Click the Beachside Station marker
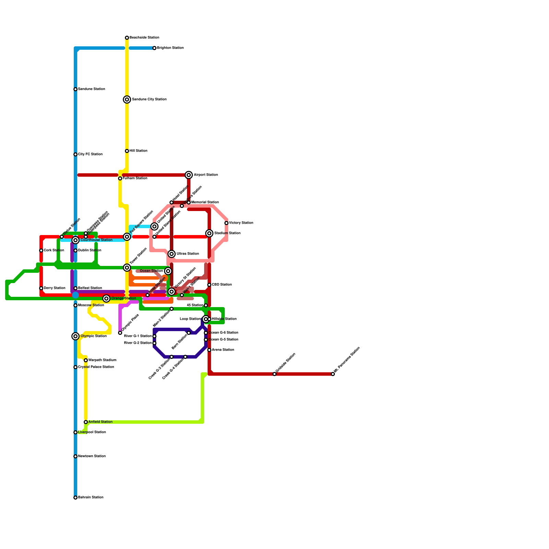coord(127,38)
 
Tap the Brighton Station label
coord(170,48)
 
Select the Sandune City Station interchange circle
coord(127,100)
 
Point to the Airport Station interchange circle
coord(189,175)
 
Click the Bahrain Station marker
coord(75,498)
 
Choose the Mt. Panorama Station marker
coord(333,374)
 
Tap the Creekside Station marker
coord(274,374)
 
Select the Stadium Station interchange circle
coord(209,233)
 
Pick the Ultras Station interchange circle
coord(172,254)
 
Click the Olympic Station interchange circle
coord(75,336)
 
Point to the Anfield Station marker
coord(86,422)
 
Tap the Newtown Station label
coord(92,456)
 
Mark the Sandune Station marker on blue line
coord(75,89)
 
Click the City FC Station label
coord(90,154)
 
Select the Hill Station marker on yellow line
coord(127,151)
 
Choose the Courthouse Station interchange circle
coord(75,240)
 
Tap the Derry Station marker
coord(41,288)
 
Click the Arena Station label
coord(223,350)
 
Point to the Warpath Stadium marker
coord(86,360)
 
